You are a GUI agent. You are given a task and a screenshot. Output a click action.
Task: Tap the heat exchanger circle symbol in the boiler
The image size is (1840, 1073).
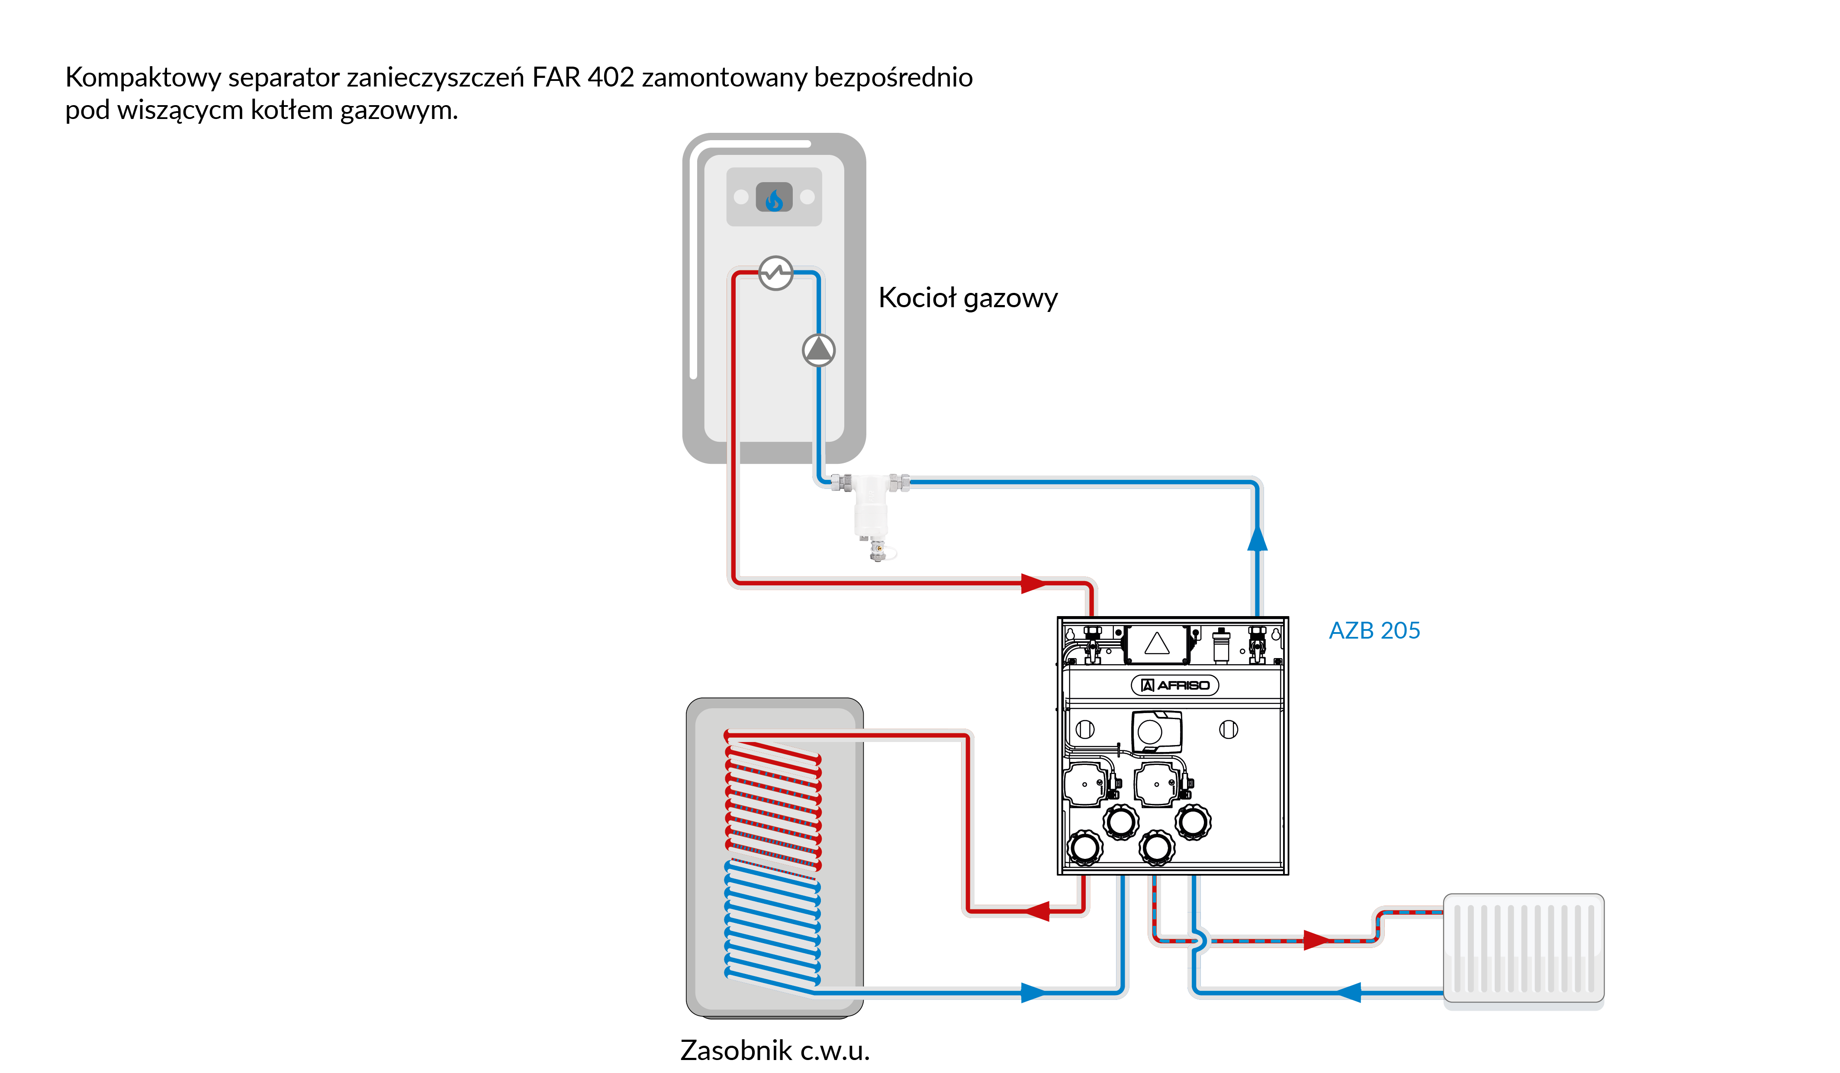click(775, 273)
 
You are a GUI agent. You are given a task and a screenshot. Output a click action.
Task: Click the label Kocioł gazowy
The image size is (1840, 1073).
click(968, 298)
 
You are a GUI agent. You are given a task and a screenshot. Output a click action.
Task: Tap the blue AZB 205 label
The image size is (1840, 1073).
click(1374, 630)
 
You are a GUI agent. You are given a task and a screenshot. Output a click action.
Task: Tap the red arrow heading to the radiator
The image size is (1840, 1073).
click(1315, 940)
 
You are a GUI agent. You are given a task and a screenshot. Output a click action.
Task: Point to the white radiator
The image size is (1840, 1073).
click(1524, 949)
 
